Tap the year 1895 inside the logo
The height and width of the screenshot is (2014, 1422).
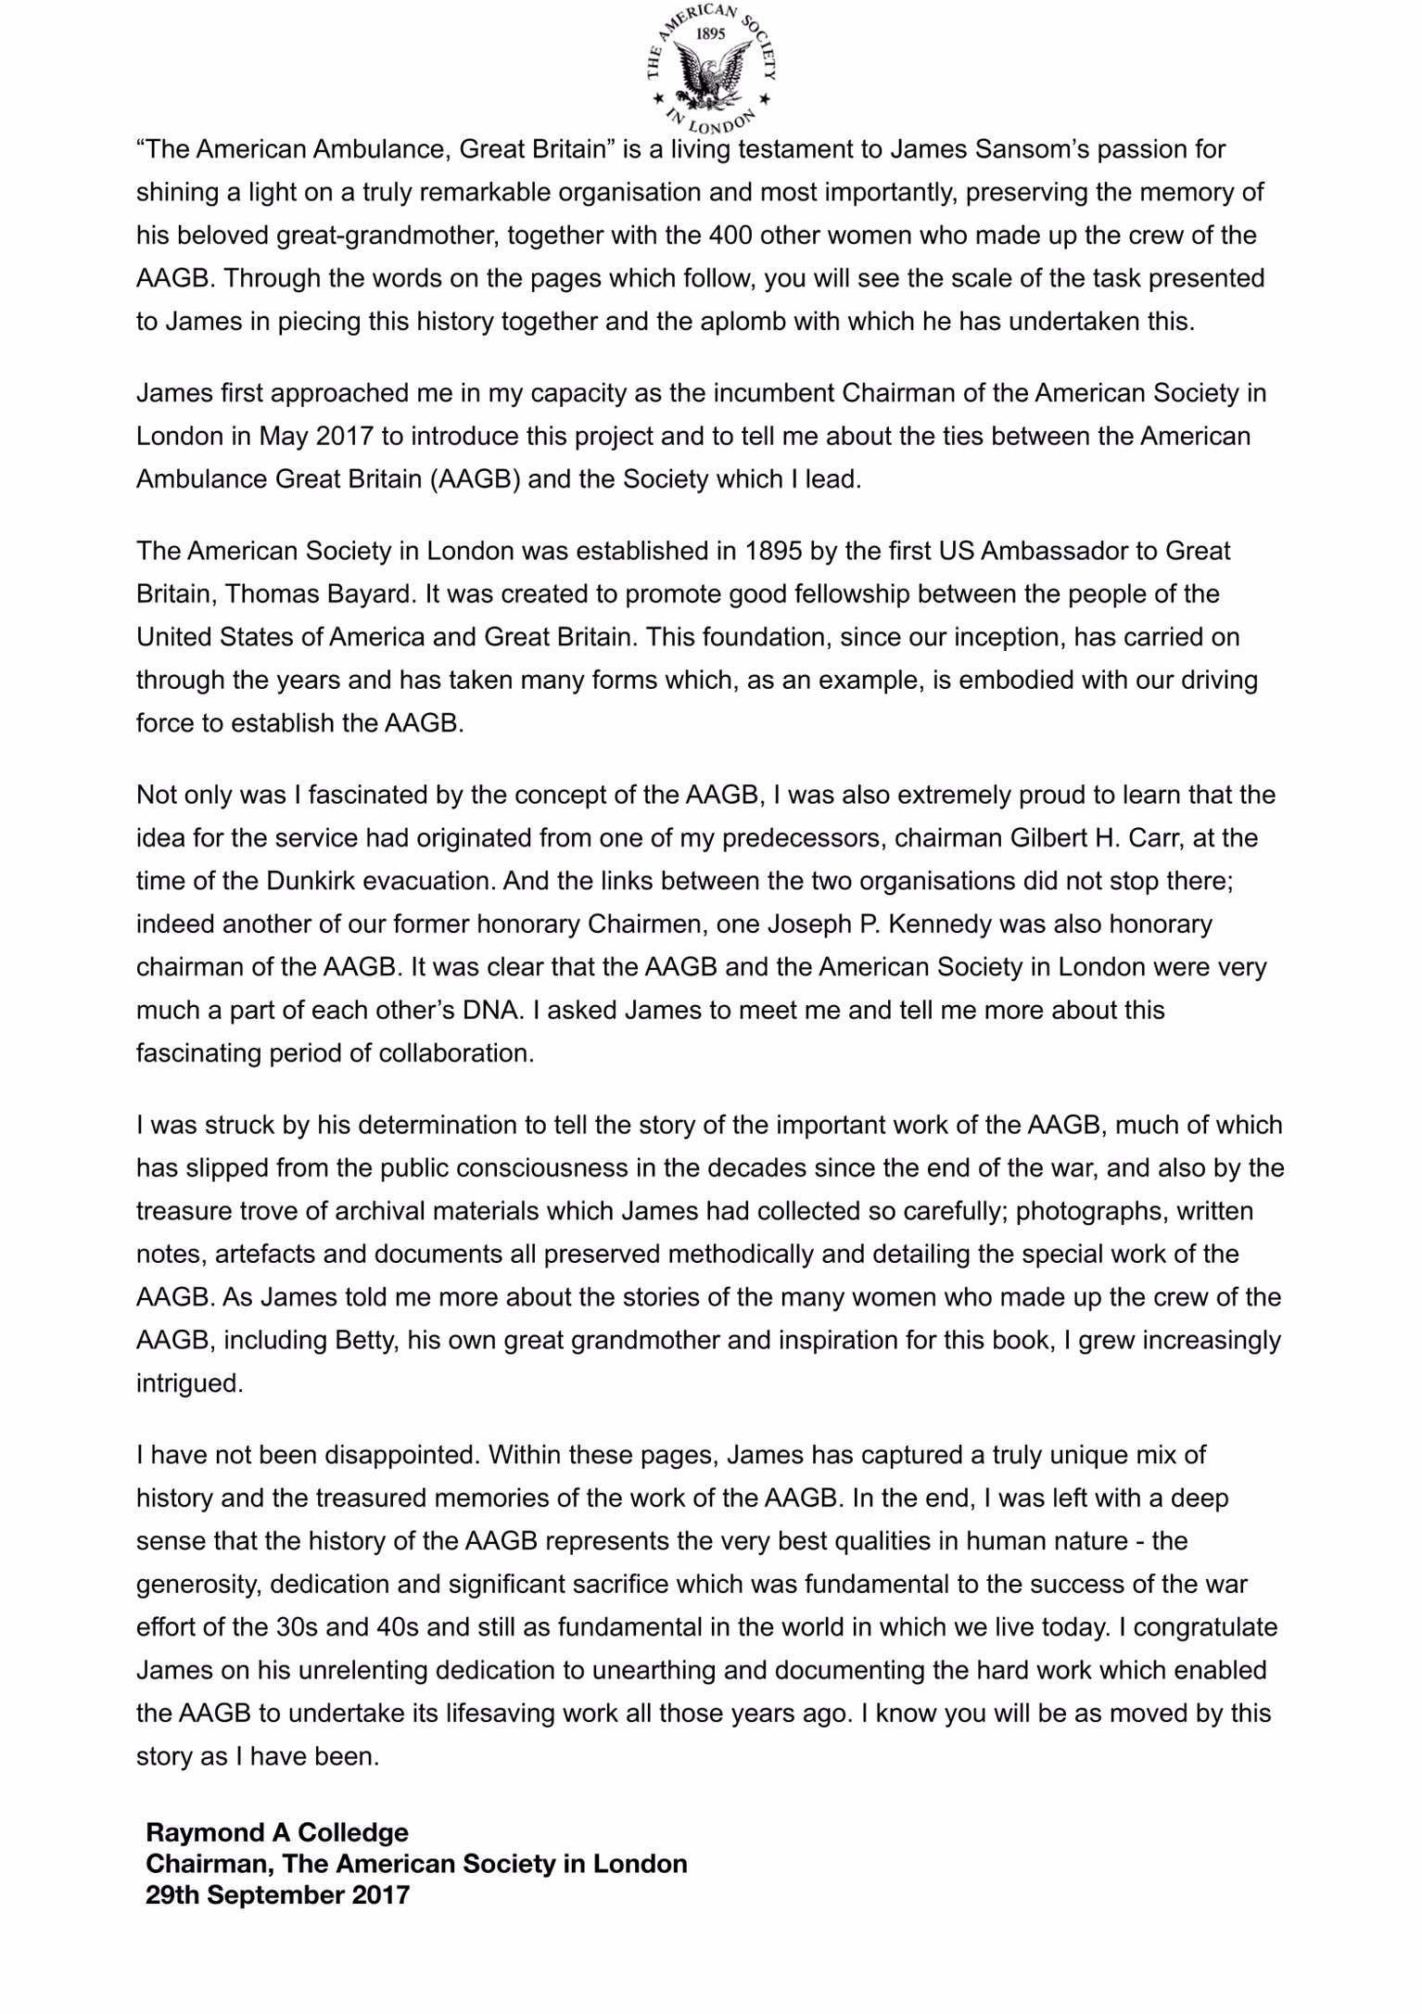(x=711, y=33)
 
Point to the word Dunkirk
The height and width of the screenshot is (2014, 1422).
(x=310, y=881)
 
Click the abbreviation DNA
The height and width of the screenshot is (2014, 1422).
(x=489, y=1010)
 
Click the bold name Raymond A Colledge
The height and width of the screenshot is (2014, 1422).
(x=277, y=1832)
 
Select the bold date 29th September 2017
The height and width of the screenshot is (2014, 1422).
(x=277, y=1895)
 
